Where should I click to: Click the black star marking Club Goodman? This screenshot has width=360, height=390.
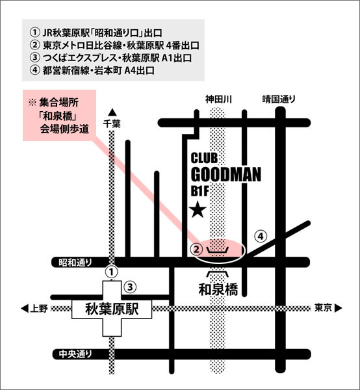pyautogui.click(x=199, y=210)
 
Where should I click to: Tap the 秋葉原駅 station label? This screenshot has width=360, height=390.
pyautogui.click(x=112, y=309)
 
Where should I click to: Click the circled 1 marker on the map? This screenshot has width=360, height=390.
pyautogui.click(x=112, y=272)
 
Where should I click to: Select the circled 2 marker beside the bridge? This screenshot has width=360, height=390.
pyautogui.click(x=197, y=249)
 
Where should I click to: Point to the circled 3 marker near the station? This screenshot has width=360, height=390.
pyautogui.click(x=130, y=287)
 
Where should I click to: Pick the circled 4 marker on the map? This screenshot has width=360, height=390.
pyautogui.click(x=261, y=237)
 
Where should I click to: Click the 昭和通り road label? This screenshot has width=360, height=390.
pyautogui.click(x=75, y=263)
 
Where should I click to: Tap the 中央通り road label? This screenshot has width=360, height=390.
pyautogui.click(x=75, y=354)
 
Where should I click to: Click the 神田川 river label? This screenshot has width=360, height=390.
pyautogui.click(x=218, y=99)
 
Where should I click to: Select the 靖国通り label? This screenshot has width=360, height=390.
pyautogui.click(x=279, y=99)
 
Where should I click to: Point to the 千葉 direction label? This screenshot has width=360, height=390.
pyautogui.click(x=112, y=123)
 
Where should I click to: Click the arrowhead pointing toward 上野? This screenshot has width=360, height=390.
pyautogui.click(x=25, y=308)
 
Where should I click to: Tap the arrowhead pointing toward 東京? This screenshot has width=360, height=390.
pyautogui.click(x=339, y=308)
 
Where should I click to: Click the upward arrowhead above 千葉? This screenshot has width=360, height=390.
pyautogui.click(x=112, y=112)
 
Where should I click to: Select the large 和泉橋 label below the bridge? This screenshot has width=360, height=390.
pyautogui.click(x=218, y=289)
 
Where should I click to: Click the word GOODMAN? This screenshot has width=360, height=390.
pyautogui.click(x=226, y=175)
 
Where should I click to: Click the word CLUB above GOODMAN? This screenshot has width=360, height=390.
pyautogui.click(x=204, y=158)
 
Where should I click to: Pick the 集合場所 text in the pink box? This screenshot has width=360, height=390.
pyautogui.click(x=58, y=103)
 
